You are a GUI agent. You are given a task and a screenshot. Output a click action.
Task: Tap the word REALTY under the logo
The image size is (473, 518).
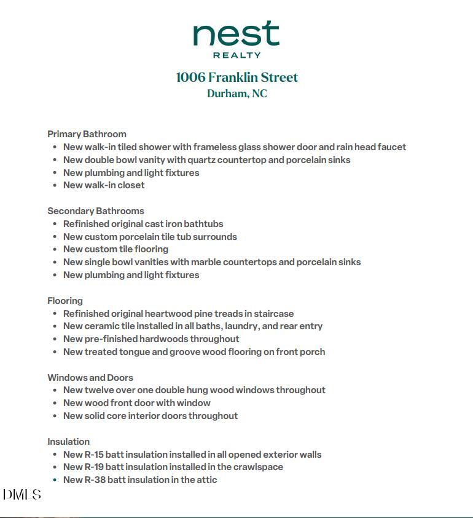tap(237, 55)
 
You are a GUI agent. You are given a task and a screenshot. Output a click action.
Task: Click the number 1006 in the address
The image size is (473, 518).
tap(190, 78)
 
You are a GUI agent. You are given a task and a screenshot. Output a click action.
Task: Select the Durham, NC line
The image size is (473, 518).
tap(237, 94)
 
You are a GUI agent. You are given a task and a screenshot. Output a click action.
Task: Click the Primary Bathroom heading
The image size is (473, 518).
tap(87, 134)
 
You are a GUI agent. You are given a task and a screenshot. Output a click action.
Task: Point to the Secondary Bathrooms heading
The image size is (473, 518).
tap(96, 211)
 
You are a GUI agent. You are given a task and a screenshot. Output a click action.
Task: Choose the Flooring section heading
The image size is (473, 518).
tap(65, 301)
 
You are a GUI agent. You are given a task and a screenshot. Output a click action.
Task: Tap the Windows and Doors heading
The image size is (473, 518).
tap(90, 378)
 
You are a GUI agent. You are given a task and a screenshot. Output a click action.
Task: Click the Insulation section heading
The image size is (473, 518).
tap(69, 442)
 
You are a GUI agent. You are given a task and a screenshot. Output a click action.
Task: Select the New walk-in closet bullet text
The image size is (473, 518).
tap(104, 185)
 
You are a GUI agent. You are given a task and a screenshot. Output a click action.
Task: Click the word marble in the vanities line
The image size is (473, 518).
tap(206, 262)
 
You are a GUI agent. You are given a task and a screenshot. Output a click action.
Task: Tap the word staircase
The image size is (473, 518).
tap(273, 314)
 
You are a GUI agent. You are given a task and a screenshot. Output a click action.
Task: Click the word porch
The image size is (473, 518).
tap(313, 352)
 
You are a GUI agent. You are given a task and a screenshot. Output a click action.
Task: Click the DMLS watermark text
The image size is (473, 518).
tap(22, 495)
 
